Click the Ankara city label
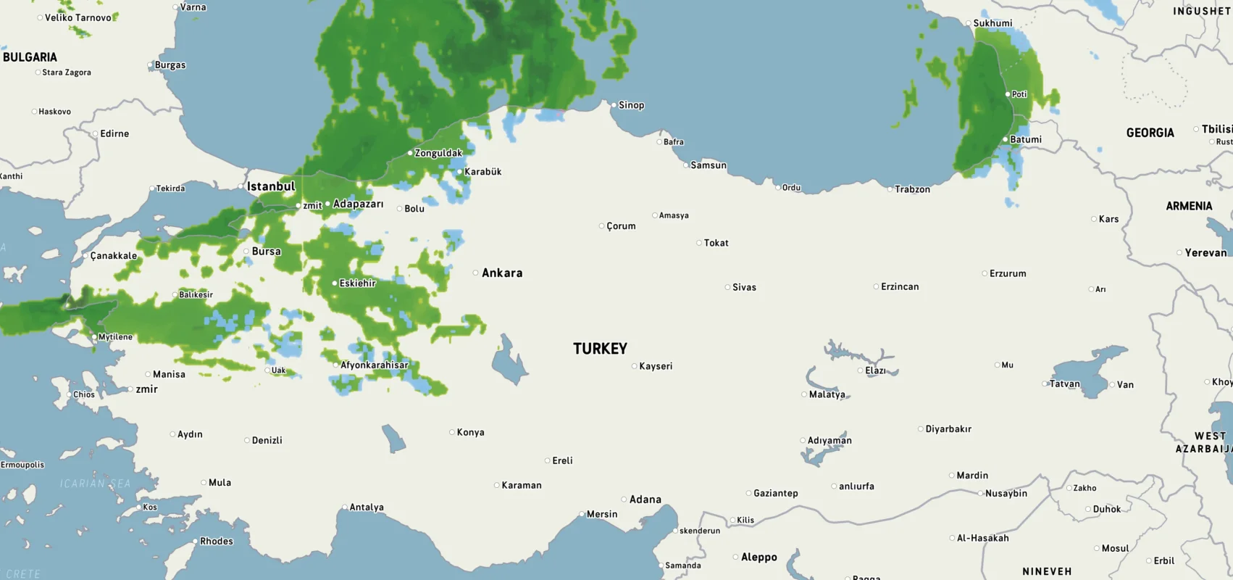tap(501, 273)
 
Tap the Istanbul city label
tap(271, 186)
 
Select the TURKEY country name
tap(600, 349)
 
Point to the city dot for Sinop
tap(614, 105)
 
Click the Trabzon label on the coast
tap(912, 189)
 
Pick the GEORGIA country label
tap(1150, 133)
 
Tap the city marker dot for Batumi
tap(1006, 139)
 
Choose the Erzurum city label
tap(1008, 273)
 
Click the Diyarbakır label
tap(948, 429)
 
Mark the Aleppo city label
tap(758, 558)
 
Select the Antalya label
tap(367, 507)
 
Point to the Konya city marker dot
tap(452, 432)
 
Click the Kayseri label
tap(656, 366)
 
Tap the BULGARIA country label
tap(30, 57)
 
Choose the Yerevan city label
tap(1205, 253)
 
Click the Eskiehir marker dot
tap(335, 283)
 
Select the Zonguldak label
tap(438, 153)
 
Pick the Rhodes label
tap(217, 542)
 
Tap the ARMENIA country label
tap(1189, 206)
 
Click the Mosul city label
tap(1115, 549)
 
